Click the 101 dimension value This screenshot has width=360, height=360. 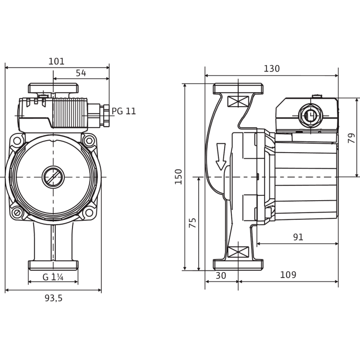click(x=57, y=61)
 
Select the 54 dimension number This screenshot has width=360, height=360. click(x=81, y=73)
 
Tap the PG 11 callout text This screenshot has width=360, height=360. click(x=124, y=111)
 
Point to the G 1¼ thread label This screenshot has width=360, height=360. click(x=53, y=277)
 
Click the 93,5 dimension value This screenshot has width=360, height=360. click(x=53, y=298)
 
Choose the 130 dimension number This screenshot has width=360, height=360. click(x=272, y=69)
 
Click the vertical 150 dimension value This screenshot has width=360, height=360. click(x=179, y=177)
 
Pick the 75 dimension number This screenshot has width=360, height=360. click(x=192, y=223)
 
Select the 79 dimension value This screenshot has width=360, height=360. click(x=351, y=138)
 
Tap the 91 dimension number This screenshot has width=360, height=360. click(x=298, y=237)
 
